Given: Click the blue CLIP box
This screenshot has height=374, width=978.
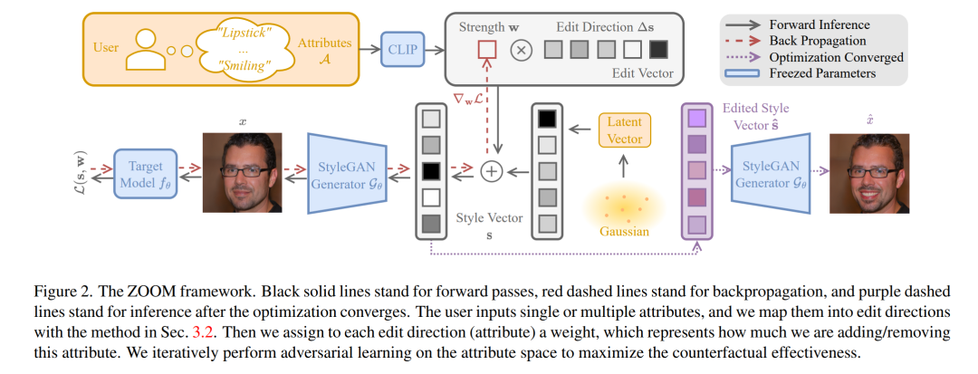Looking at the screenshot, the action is [x=402, y=48].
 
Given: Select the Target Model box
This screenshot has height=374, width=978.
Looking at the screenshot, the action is [x=141, y=174].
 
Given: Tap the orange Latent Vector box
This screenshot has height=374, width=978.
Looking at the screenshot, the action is [x=620, y=129].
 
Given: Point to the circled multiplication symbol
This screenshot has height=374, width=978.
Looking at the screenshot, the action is [x=521, y=49].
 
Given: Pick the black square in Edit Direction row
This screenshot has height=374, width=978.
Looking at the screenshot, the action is [x=658, y=49].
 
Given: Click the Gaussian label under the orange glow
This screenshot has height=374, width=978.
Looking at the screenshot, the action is [x=624, y=232].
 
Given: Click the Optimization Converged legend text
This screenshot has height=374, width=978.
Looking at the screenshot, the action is [x=837, y=57].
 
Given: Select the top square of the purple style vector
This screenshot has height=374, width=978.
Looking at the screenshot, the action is [x=696, y=119].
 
